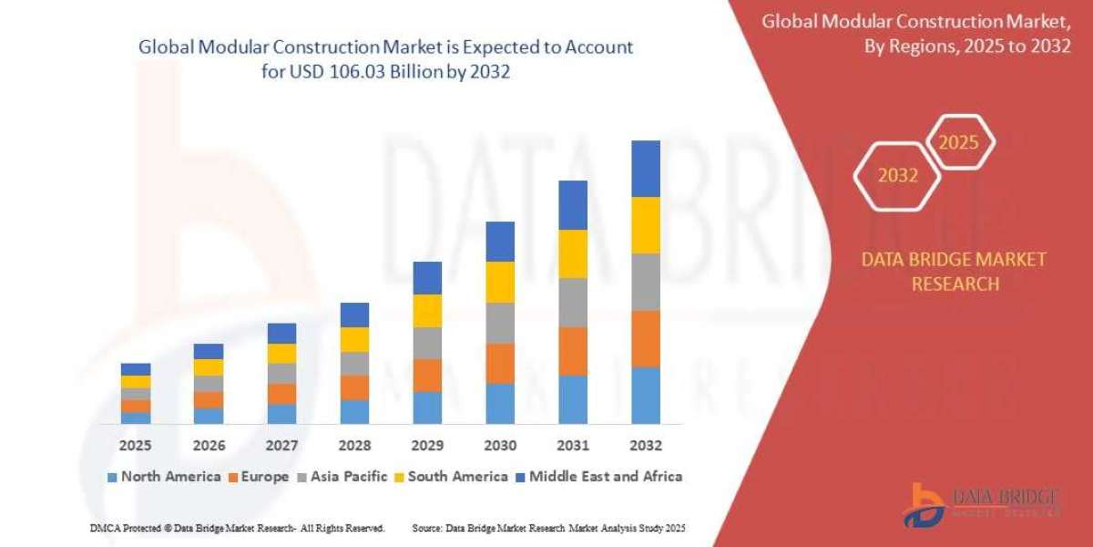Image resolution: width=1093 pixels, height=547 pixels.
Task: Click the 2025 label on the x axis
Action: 136,446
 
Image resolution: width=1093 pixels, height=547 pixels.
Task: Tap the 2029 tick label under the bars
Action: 427,446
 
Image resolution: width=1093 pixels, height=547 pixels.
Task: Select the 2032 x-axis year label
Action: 645,446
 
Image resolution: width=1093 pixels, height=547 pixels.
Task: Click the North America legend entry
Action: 164,476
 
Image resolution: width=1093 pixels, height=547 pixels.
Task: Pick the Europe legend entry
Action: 258,476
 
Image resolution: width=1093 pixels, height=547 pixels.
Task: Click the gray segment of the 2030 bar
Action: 500,323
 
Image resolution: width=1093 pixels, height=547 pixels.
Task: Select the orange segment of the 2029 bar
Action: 427,375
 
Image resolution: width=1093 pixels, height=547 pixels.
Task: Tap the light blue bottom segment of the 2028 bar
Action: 354,411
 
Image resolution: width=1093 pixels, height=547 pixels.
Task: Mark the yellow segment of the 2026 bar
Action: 209,367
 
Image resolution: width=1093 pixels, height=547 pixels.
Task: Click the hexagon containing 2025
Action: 958,143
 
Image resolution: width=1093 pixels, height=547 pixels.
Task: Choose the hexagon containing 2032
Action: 897,176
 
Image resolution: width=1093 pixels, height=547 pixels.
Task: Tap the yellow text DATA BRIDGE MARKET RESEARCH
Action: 954,272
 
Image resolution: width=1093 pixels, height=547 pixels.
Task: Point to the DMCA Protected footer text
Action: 237,528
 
